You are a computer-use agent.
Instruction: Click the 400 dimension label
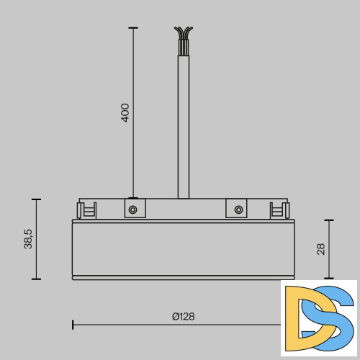click(125, 112)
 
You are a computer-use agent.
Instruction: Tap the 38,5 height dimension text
click(28, 238)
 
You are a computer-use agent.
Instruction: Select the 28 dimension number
click(320, 248)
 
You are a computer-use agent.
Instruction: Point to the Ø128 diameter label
click(183, 316)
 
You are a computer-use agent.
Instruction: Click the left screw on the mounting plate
click(132, 210)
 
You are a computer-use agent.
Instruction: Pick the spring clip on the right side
click(277, 210)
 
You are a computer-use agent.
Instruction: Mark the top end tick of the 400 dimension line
click(132, 28)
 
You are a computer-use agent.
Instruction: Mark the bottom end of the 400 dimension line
click(132, 197)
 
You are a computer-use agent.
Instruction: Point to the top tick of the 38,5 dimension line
click(36, 199)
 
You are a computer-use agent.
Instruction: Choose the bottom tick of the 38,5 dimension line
click(36, 279)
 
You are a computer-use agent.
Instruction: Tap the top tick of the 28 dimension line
click(329, 221)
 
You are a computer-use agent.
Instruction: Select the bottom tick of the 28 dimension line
click(329, 278)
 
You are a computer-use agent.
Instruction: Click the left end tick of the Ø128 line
click(73, 325)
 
